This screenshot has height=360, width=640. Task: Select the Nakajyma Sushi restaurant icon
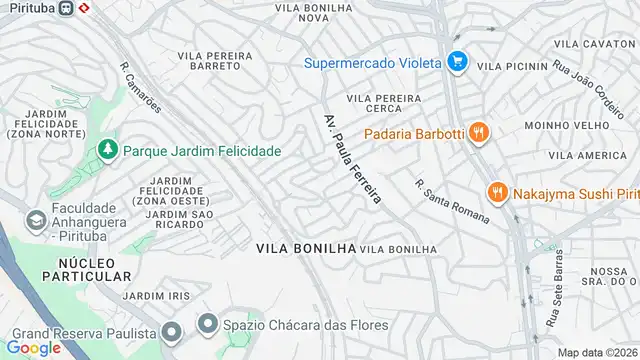[495, 192]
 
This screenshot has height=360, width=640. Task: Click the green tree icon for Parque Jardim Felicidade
[107, 150]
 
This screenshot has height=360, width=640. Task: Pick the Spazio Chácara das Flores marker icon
[207, 323]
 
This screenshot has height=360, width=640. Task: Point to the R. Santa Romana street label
[452, 201]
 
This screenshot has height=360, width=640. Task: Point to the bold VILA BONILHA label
[305, 247]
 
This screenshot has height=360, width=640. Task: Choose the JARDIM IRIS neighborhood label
[154, 296]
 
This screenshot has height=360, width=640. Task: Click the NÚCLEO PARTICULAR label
[87, 267]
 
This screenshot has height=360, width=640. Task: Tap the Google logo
[34, 348]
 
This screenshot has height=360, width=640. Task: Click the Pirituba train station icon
[66, 8]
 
